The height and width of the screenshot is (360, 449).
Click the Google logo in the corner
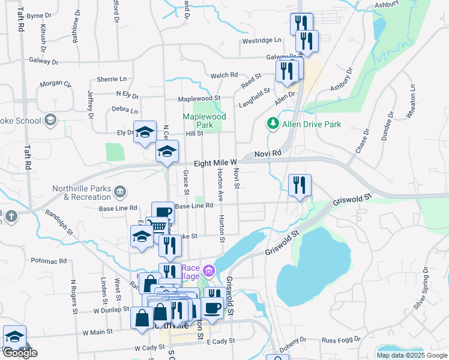(20, 353)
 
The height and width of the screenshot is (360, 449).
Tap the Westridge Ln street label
(262, 41)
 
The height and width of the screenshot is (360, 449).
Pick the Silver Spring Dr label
(423, 288)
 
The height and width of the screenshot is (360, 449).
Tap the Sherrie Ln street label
(112, 79)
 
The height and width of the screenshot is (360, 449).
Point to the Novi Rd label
(268, 154)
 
